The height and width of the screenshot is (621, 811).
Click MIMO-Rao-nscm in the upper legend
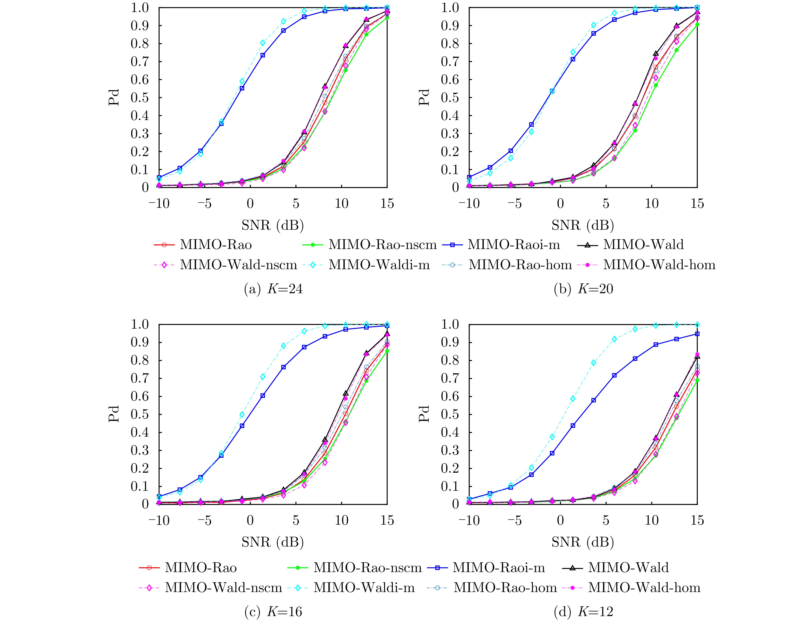(382, 245)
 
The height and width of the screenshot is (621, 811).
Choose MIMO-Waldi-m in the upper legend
(379, 265)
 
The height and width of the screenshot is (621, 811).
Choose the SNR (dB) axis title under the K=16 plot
(273, 542)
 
